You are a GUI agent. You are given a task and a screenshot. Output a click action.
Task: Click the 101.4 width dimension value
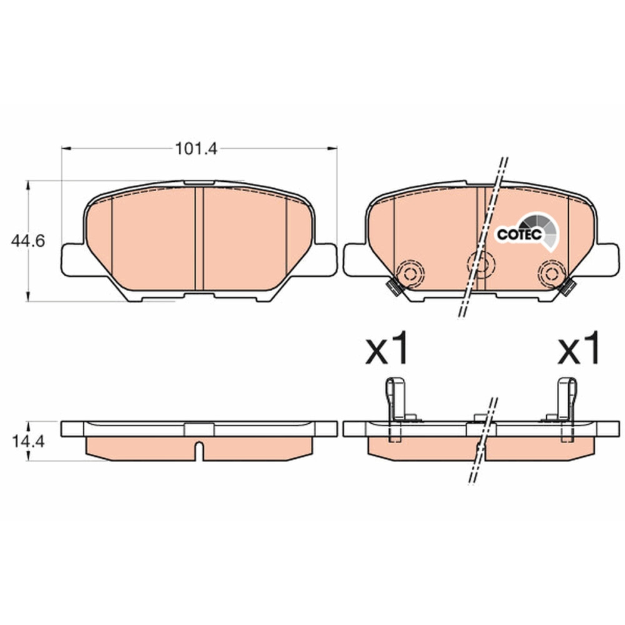[196, 149]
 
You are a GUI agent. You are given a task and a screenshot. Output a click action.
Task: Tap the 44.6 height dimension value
[28, 241]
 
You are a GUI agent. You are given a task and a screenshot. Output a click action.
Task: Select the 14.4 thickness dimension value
[28, 441]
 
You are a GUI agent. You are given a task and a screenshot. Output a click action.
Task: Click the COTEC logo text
[519, 234]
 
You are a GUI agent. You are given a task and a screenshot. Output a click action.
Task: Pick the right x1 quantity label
[579, 347]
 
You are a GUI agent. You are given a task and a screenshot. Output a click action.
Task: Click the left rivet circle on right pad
[410, 274]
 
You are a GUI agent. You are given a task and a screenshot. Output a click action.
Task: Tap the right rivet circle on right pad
[552, 274]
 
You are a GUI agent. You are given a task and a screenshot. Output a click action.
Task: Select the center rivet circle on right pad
[481, 264]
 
